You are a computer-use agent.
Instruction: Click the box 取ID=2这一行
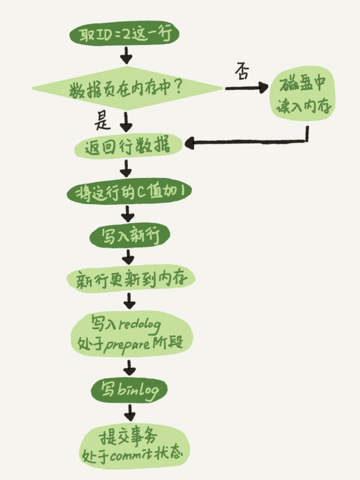(124, 35)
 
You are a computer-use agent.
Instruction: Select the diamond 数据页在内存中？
(127, 89)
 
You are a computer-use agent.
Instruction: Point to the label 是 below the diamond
(103, 121)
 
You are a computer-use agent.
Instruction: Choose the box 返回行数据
(127, 145)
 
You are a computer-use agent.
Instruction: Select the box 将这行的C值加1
(128, 192)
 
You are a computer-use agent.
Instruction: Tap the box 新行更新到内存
(130, 279)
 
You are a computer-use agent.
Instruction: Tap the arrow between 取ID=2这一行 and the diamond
(126, 56)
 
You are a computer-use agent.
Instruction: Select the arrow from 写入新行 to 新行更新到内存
(129, 256)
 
